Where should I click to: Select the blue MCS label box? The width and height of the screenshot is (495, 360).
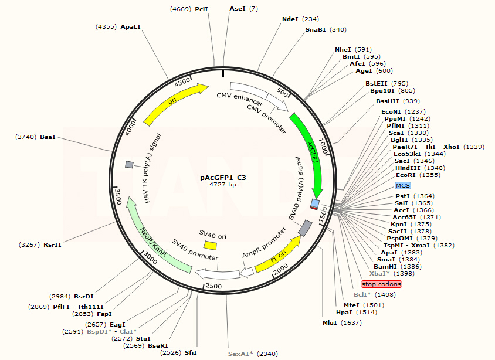click(402, 185)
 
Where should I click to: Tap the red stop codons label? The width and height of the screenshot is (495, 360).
click(381, 284)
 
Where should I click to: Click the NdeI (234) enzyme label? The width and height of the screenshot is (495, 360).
click(290, 19)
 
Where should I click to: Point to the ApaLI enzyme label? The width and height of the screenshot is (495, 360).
click(130, 27)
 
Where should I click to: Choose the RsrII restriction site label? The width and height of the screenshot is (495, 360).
click(53, 244)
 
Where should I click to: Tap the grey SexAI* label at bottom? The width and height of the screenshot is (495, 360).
click(240, 354)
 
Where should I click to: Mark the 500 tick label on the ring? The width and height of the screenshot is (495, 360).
click(283, 93)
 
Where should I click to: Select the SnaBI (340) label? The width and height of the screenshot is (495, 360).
click(316, 29)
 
